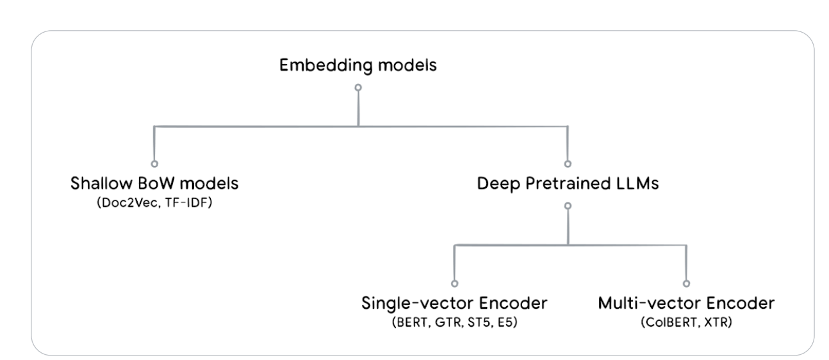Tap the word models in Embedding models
coord(407,65)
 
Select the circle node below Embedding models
coord(358,88)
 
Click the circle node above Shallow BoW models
coord(154,164)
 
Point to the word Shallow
coord(101,183)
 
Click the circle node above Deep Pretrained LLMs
coord(568,164)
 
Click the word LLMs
coord(637,183)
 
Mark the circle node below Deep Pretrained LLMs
coord(568,206)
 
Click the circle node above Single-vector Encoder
coord(454,283)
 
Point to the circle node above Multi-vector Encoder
coord(686,283)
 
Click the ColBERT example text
coord(671,323)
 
